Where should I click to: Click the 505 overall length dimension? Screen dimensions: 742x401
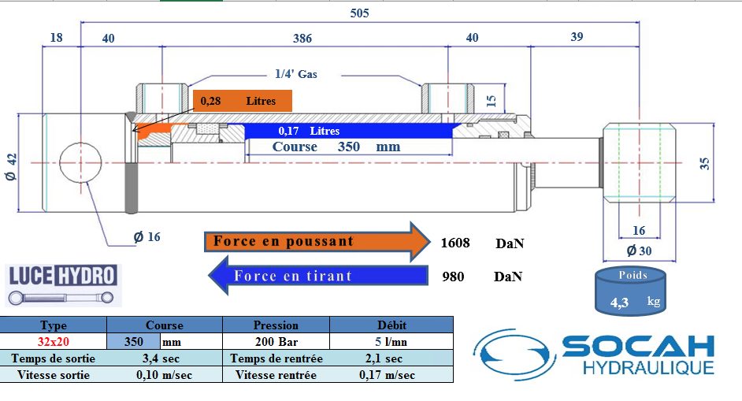coord(359,13)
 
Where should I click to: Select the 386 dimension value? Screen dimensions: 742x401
coord(302,39)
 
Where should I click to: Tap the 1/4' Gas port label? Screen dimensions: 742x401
coord(296,74)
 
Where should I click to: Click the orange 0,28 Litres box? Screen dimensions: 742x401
coord(243,101)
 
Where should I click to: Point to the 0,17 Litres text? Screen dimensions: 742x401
coord(309,131)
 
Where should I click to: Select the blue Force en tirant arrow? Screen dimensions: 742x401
coord(318,276)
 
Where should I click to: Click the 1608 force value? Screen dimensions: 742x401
coord(455,243)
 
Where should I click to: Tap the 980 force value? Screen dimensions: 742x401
coord(453,277)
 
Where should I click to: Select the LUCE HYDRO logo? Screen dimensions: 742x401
coord(64,285)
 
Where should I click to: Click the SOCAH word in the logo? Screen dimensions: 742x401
coord(638,346)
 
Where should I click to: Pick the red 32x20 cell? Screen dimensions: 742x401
coord(54,341)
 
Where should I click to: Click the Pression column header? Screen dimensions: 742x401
coord(276,325)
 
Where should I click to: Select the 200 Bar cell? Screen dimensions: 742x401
coord(276,341)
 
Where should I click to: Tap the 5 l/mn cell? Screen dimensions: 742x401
coord(391,341)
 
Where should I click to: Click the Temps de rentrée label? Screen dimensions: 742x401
coord(276,358)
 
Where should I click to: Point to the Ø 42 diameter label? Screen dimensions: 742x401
coord(11,167)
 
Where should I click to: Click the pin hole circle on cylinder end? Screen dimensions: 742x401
coord(80,162)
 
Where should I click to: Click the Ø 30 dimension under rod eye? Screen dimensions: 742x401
coord(640,251)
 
